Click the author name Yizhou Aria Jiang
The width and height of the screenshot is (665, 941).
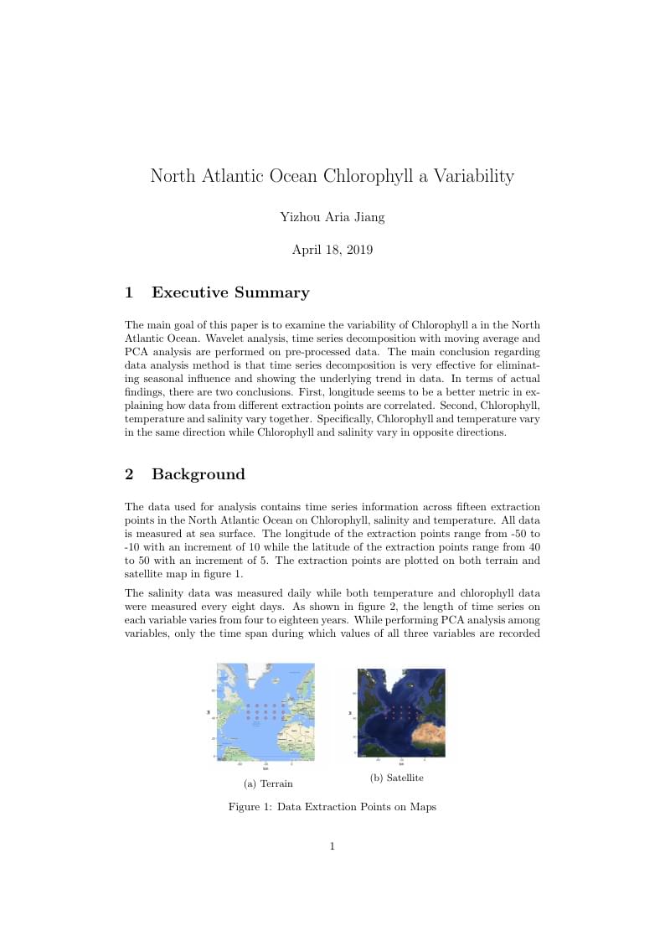[332, 218]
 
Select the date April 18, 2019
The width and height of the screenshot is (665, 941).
[332, 250]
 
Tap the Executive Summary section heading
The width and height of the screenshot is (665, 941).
[230, 292]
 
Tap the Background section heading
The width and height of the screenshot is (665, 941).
[198, 474]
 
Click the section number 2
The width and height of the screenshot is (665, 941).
[129, 474]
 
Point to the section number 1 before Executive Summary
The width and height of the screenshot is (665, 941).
[129, 292]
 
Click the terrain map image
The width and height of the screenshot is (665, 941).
[265, 711]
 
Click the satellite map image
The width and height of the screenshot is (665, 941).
[401, 712]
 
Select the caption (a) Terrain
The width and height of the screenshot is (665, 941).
[268, 783]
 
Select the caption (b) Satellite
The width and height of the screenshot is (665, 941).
[396, 778]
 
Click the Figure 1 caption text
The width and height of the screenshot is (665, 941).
[332, 807]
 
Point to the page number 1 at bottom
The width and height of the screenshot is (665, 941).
[332, 846]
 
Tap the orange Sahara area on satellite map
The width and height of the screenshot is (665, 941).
[426, 737]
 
